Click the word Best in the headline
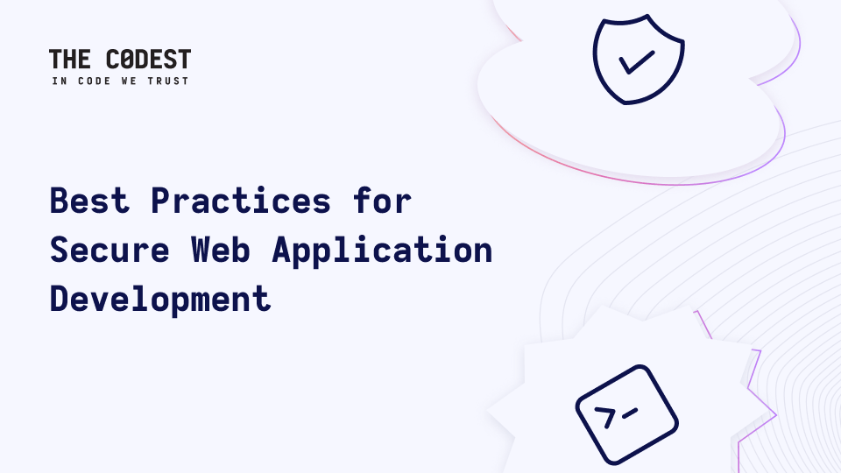pyautogui.click(x=89, y=201)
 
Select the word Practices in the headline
pyautogui.click(x=241, y=201)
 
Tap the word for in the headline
pyautogui.click(x=383, y=201)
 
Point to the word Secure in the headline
pyautogui.click(x=110, y=250)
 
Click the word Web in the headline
pyautogui.click(x=221, y=250)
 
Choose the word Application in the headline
pyautogui.click(x=382, y=251)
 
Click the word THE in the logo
pyautogui.click(x=70, y=59)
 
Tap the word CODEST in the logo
pyautogui.click(x=149, y=59)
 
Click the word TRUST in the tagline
pyautogui.click(x=168, y=81)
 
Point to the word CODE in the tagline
pyautogui.click(x=95, y=81)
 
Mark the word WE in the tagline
pyautogui.click(x=130, y=81)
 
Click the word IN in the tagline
pyautogui.click(x=60, y=81)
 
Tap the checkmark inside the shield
pyautogui.click(x=637, y=62)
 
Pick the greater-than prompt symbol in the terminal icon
pyautogui.click(x=605, y=417)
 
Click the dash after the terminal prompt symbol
pyautogui.click(x=630, y=413)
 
